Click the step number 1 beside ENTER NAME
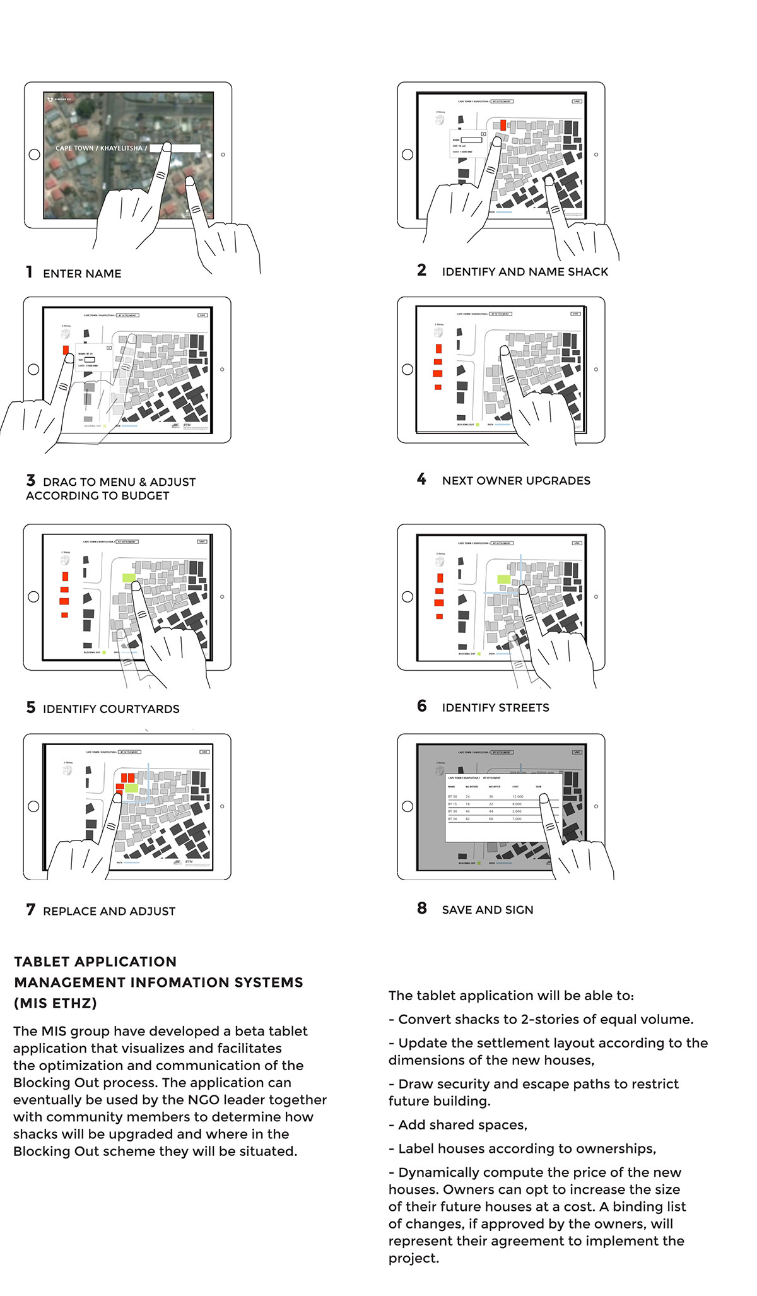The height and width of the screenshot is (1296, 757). (29, 272)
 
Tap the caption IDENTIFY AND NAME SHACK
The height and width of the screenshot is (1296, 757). (524, 272)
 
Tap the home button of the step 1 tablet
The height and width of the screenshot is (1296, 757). (34, 154)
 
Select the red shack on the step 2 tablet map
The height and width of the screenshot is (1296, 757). (503, 126)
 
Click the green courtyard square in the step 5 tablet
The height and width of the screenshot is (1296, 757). (129, 578)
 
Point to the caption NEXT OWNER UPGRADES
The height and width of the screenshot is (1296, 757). (515, 481)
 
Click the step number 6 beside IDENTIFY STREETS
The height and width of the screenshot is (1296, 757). (421, 706)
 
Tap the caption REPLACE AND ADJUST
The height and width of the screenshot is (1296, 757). (109, 911)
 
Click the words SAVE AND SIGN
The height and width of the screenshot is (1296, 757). (487, 910)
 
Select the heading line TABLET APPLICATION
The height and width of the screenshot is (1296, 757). (95, 962)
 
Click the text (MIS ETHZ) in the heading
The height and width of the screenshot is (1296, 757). (56, 1003)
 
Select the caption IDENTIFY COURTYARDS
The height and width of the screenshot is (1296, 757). (111, 709)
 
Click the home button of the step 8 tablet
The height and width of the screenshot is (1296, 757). (408, 806)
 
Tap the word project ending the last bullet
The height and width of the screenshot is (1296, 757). (413, 1258)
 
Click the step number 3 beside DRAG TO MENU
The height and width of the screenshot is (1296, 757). (30, 481)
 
